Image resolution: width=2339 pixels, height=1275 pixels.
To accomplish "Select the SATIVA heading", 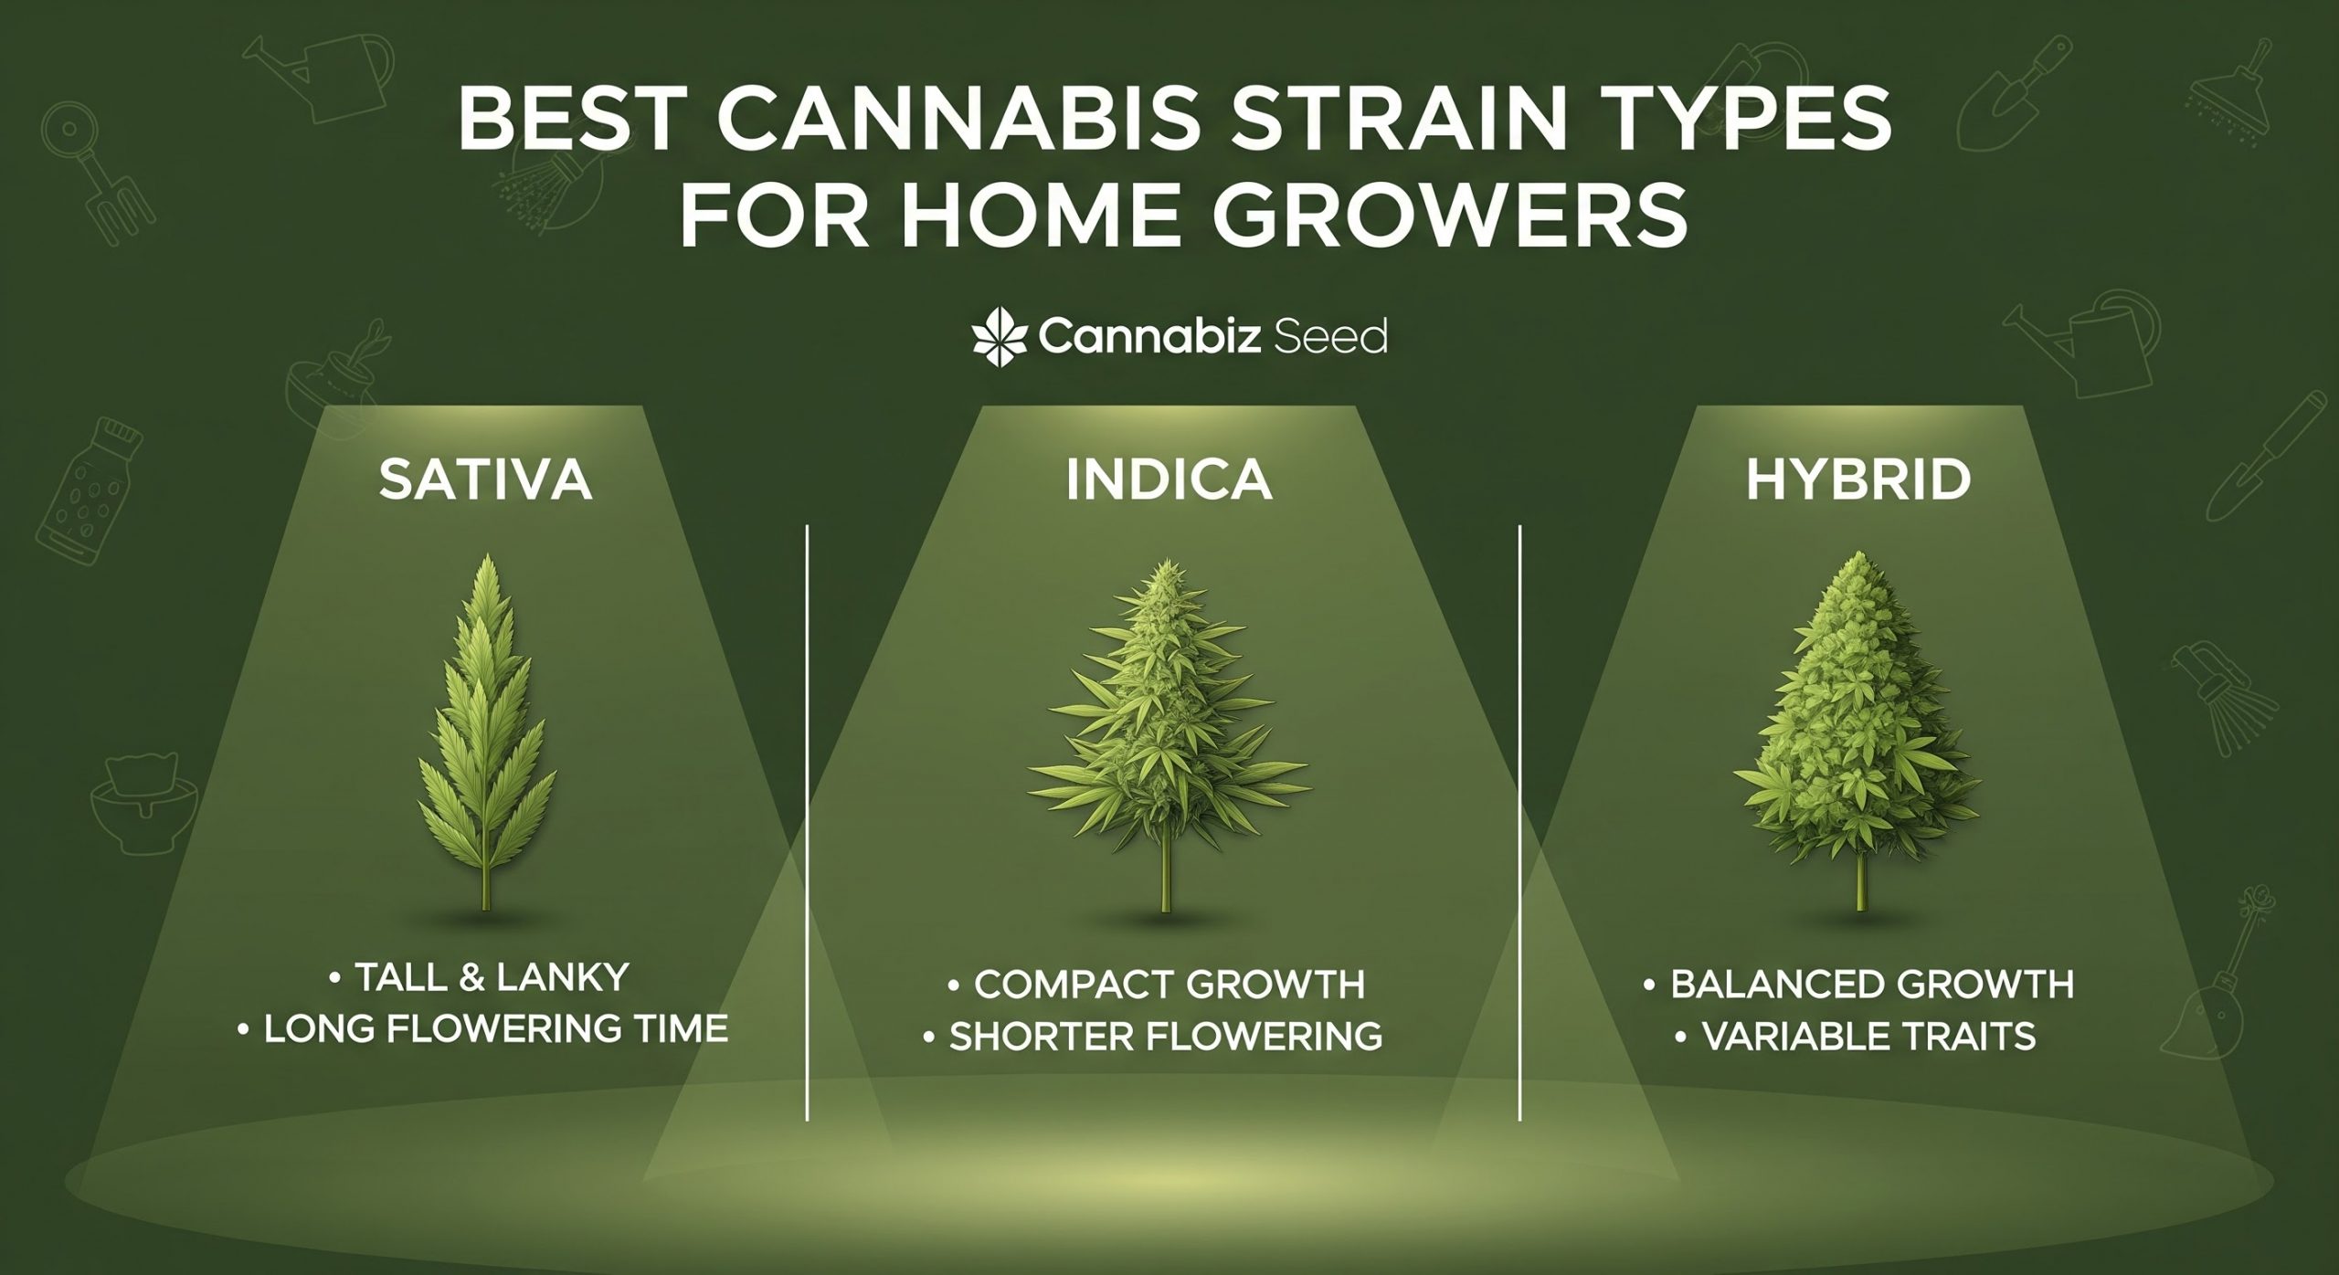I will coord(486,480).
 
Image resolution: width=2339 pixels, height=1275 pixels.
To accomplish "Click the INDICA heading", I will coord(1169,480).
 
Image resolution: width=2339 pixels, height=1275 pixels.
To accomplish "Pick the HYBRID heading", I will coord(1857,480).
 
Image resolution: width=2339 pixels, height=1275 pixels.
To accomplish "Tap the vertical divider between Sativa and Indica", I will coord(808,822).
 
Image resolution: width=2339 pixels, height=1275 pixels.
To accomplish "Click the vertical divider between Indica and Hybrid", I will coord(1519,822).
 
